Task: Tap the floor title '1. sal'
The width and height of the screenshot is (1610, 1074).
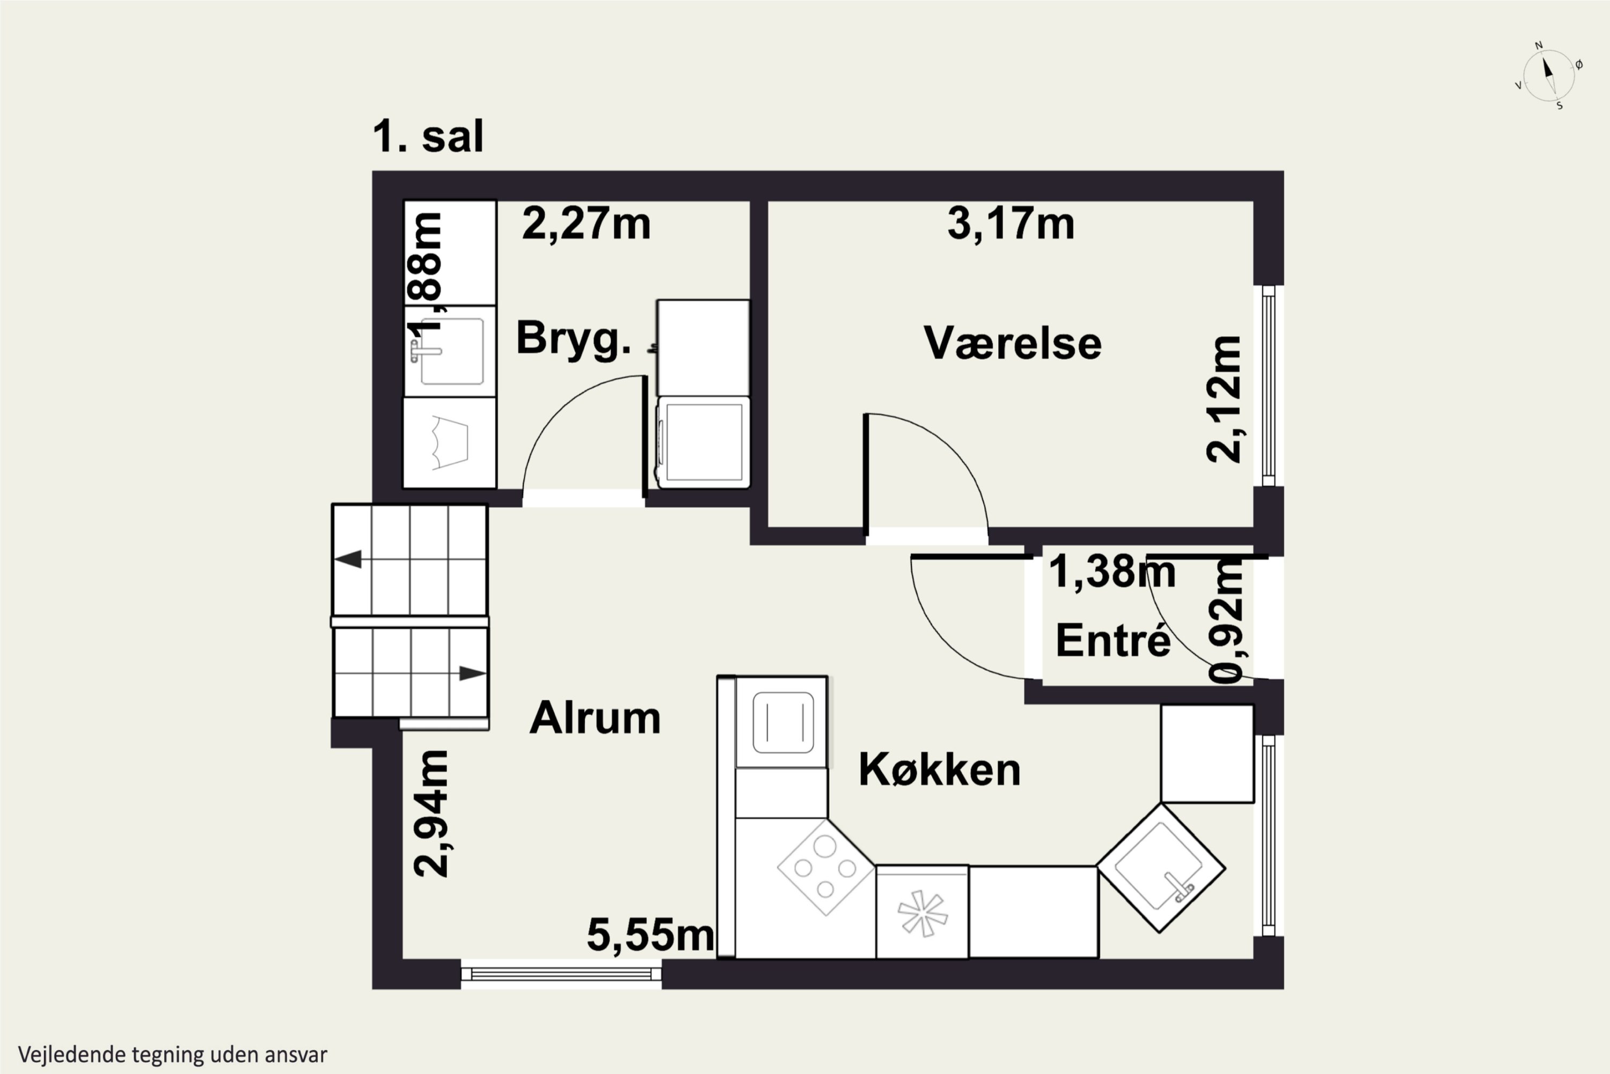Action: [428, 136]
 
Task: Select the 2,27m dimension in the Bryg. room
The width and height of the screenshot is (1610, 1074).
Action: [586, 224]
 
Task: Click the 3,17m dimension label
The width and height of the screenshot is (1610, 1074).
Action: [1011, 224]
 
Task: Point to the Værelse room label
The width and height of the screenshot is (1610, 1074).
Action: [1012, 343]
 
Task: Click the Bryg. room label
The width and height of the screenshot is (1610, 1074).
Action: [573, 338]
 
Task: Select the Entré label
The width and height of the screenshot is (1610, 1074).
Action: [1113, 641]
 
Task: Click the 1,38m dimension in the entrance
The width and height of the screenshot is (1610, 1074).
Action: [1111, 572]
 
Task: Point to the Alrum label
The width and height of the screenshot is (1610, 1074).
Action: [595, 719]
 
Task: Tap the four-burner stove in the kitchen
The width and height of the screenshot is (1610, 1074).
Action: [825, 868]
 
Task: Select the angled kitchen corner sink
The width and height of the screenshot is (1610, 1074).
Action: [1160, 868]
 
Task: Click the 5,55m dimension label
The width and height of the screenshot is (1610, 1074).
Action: [649, 935]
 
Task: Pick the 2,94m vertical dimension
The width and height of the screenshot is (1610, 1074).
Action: [431, 813]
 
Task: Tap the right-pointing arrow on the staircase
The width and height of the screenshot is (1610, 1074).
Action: [472, 673]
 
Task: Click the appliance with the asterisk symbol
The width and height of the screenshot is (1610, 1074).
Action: [922, 912]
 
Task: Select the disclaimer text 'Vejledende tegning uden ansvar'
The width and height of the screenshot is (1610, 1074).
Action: [172, 1054]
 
